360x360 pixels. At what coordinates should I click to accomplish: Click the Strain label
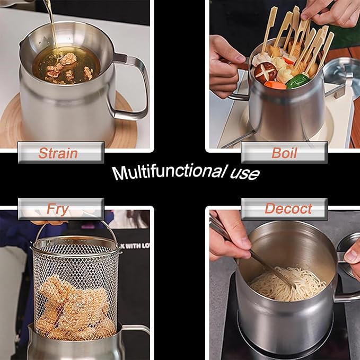[x=58, y=153]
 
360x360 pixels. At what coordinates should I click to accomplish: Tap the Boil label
[x=284, y=153]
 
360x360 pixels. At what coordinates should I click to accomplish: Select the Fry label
[x=58, y=209]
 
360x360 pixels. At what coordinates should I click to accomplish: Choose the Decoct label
[x=285, y=209]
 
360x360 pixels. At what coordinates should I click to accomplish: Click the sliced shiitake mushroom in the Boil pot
[x=265, y=71]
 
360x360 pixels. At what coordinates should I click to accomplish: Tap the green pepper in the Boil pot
[x=297, y=81]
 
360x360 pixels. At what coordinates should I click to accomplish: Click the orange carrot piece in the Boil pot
[x=275, y=84]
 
